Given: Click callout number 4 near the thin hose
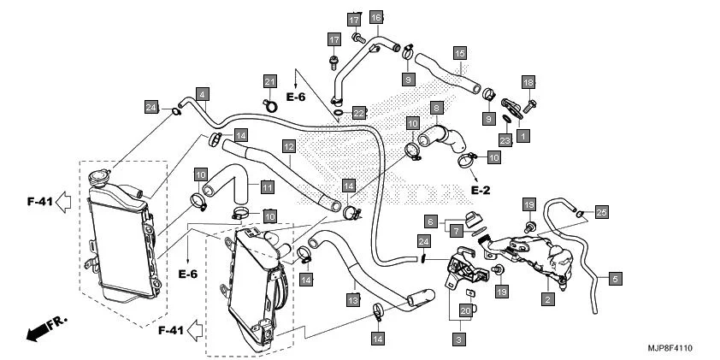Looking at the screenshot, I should pos(202,93).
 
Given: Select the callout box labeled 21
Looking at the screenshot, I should pos(270,81).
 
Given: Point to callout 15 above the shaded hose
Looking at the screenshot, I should pos(459,53).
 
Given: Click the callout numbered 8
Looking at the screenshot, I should pos(436,109).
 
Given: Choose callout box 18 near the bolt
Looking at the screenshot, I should pos(528,82).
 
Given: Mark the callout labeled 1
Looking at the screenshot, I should pos(522,134).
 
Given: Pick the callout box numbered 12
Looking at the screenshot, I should pos(289,146).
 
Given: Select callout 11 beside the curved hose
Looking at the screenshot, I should pos(267,186).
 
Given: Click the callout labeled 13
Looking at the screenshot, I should pos(352,299).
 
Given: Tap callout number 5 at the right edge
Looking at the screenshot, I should pos(615,278).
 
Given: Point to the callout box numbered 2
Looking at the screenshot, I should pos(545,299).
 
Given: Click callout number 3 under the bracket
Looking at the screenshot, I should pos(458,339).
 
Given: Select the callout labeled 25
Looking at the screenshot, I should pos(601,211).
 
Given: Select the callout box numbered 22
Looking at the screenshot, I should pos(359,113).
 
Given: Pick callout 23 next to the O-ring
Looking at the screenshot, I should pos(505,140).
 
